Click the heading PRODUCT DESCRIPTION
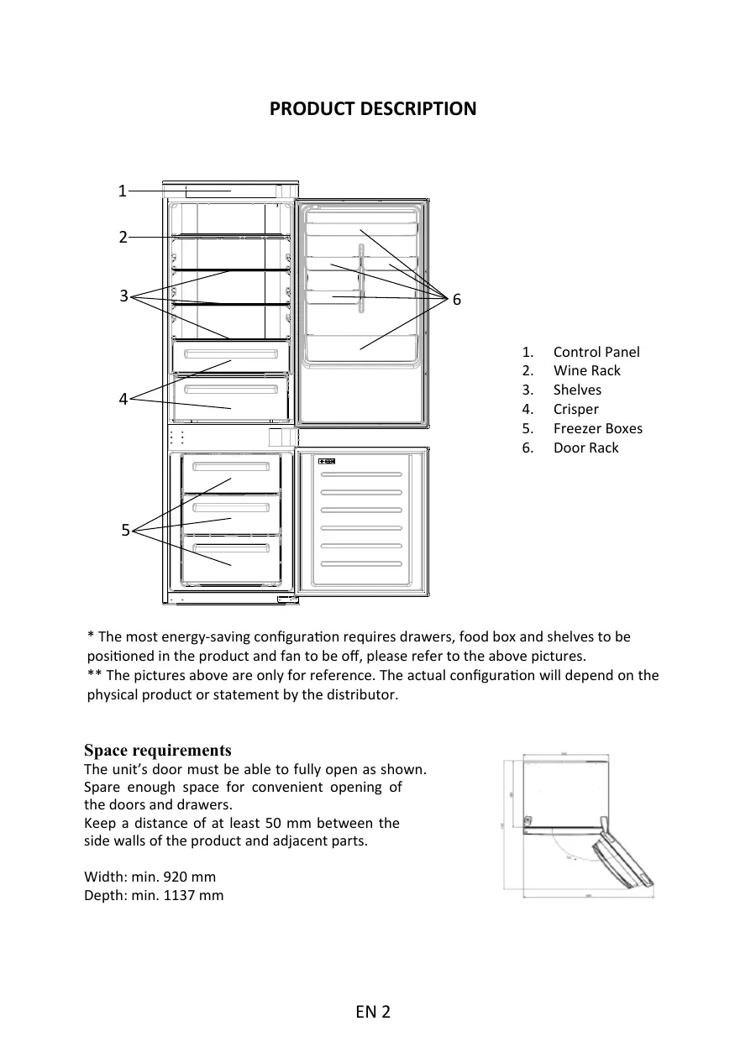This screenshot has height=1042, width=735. [372, 109]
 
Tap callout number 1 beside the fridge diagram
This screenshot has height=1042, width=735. [122, 191]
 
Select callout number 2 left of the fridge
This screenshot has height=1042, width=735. [123, 238]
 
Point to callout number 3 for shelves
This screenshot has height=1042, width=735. [123, 296]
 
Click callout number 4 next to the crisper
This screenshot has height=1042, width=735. [123, 400]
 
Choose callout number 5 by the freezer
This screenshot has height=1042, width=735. [124, 530]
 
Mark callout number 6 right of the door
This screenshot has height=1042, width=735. [457, 300]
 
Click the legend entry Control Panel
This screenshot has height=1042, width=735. [596, 352]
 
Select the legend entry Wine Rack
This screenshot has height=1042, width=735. [586, 370]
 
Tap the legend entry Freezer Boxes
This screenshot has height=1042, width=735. [597, 428]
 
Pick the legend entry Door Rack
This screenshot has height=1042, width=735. [585, 448]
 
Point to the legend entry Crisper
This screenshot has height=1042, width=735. [575, 409]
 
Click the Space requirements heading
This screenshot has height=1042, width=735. [158, 750]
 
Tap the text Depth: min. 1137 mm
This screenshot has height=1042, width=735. [154, 895]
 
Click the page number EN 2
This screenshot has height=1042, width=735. [372, 1012]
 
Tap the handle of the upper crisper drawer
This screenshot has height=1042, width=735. [231, 353]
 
